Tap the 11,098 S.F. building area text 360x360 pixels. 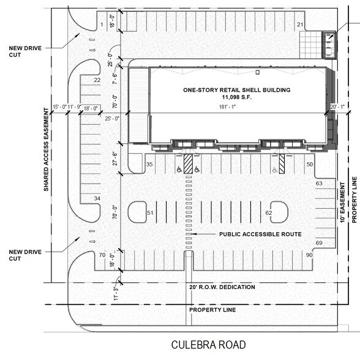point(228,98)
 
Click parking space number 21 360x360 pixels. point(300,24)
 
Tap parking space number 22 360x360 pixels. point(97,80)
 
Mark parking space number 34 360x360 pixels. point(97,199)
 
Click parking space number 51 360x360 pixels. point(150,212)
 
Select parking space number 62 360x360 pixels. point(269,212)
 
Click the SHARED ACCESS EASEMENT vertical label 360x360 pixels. point(46,149)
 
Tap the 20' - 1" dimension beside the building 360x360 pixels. point(337,107)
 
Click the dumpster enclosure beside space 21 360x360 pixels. point(329,43)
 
